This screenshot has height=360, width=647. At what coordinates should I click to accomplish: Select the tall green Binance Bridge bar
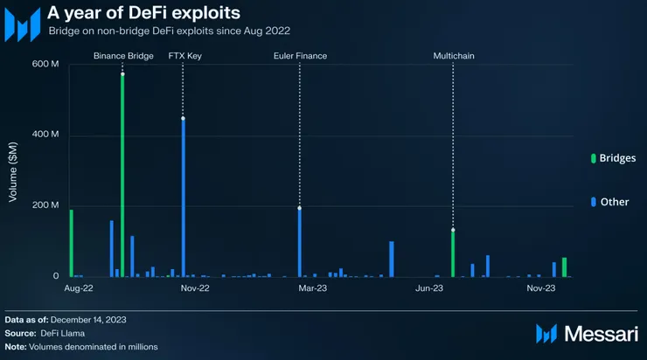click(x=122, y=175)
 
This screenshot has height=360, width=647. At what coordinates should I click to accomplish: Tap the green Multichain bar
click(x=453, y=253)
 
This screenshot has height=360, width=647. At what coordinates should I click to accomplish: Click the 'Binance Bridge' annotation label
click(x=123, y=56)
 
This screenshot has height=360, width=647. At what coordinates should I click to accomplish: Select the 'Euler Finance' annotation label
click(x=300, y=56)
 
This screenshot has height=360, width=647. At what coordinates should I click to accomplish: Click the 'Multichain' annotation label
click(x=454, y=56)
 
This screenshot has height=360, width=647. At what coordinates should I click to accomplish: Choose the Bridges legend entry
click(x=613, y=158)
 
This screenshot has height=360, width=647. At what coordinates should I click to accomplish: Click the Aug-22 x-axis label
click(x=79, y=287)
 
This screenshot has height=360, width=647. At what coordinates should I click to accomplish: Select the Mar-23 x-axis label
click(x=312, y=287)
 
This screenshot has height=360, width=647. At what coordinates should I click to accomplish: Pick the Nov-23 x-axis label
click(x=541, y=287)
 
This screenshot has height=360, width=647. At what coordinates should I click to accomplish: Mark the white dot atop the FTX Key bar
click(x=183, y=118)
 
